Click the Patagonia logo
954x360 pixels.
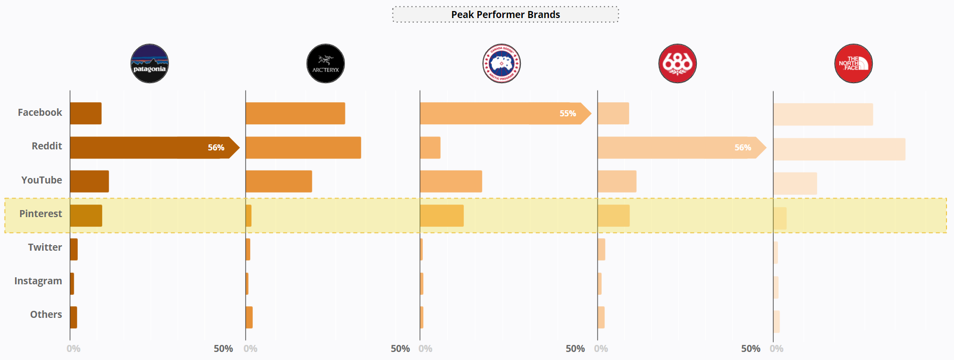[x=149, y=64]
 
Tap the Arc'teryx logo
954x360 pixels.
[x=325, y=64]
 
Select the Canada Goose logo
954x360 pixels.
[x=501, y=64]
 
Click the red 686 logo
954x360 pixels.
[x=677, y=64]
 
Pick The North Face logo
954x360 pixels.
[x=853, y=64]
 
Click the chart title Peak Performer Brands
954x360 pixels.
[x=505, y=15]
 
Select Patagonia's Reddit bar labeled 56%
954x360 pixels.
[x=150, y=147]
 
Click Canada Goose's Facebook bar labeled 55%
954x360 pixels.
[x=501, y=113]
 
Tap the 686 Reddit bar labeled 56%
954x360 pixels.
[x=677, y=147]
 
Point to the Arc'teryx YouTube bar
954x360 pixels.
[x=279, y=182]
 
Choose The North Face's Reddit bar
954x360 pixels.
[x=839, y=149]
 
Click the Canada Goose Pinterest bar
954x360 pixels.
[x=442, y=216]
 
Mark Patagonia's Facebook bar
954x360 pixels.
[x=86, y=113]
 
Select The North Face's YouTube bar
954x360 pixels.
[x=795, y=184]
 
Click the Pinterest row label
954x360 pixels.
[x=41, y=214]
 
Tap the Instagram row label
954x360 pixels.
[x=38, y=281]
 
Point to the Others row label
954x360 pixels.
[x=46, y=314]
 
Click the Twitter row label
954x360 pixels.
[x=45, y=247]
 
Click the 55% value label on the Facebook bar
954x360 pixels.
[x=567, y=113]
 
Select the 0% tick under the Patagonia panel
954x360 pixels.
[x=74, y=348]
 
